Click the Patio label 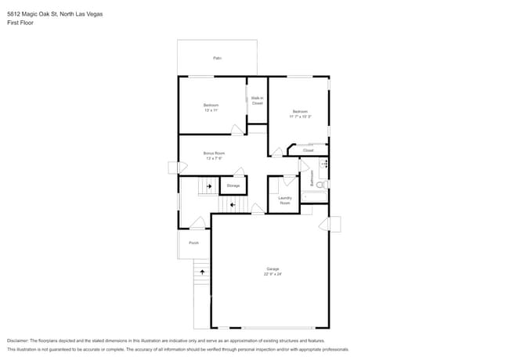[217, 58]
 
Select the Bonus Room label [214, 153]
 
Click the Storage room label [233, 185]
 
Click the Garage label [272, 269]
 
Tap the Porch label [193, 243]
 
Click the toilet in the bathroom [322, 184]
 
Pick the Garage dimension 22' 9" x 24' [272, 275]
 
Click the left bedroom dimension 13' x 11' [211, 110]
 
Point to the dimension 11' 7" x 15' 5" [300, 117]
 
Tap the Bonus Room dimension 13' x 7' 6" [214, 158]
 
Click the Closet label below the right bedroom [308, 150]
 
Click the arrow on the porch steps [202, 272]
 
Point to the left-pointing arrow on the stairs [232, 205]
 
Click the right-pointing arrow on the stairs [209, 185]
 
